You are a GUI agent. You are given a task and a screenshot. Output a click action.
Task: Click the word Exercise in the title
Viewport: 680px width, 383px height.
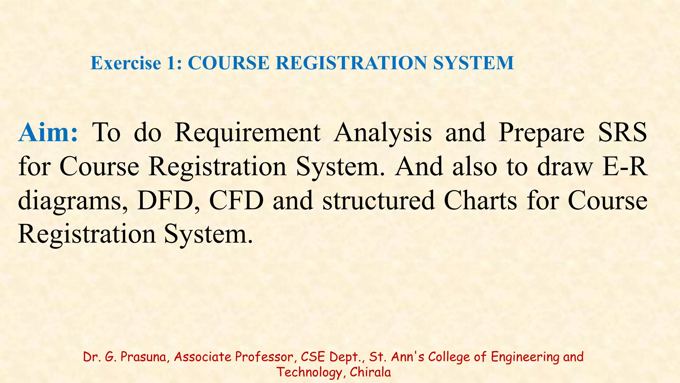(x=126, y=63)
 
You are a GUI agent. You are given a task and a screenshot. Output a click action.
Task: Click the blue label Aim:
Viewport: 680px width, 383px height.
(x=48, y=132)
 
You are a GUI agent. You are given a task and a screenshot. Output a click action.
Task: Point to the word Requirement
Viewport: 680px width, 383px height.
(x=248, y=132)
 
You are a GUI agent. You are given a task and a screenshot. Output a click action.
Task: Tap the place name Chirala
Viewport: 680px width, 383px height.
(x=370, y=372)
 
